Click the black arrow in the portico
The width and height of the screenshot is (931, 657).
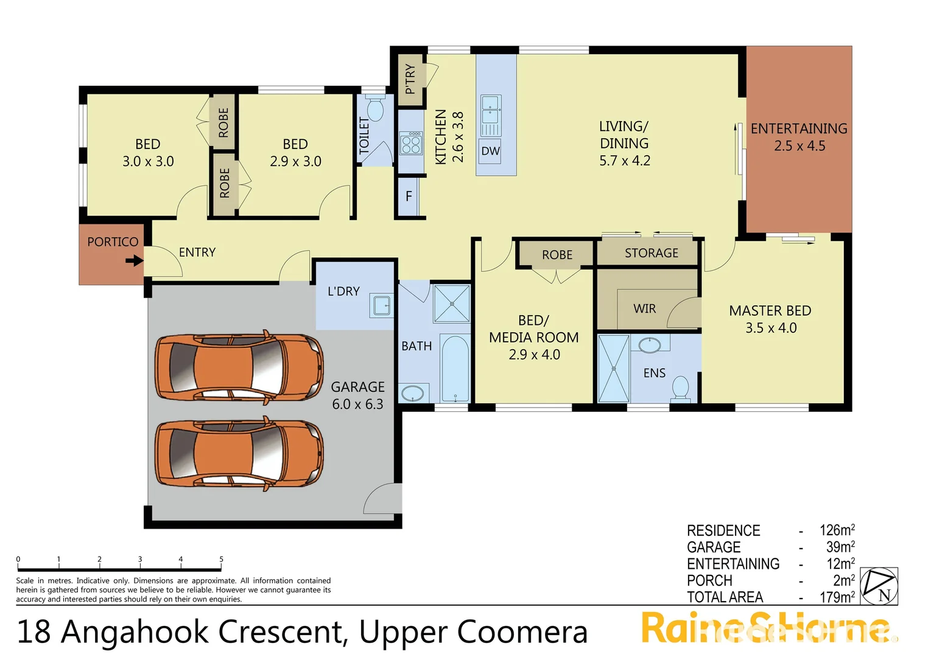click(x=134, y=261)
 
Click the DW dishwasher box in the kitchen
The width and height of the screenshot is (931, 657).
click(x=490, y=151)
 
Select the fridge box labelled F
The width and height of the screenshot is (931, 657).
click(x=409, y=196)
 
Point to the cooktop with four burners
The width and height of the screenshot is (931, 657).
click(x=411, y=144)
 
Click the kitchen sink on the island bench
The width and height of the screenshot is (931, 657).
click(x=491, y=115)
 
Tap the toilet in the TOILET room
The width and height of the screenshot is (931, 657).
click(x=374, y=109)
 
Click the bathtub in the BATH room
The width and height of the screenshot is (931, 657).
click(x=455, y=369)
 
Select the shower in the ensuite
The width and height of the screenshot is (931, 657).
click(x=613, y=369)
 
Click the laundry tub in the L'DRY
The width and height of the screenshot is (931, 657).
click(x=382, y=305)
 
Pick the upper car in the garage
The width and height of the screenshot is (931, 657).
click(x=239, y=367)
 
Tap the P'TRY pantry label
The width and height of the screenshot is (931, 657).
click(x=410, y=79)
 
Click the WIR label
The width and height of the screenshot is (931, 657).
click(x=644, y=309)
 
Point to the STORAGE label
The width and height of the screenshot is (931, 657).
click(x=651, y=253)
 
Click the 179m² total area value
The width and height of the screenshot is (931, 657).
click(x=837, y=597)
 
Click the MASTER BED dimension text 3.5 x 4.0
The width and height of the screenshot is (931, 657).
click(x=770, y=328)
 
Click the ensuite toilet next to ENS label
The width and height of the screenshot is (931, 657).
click(x=680, y=388)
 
